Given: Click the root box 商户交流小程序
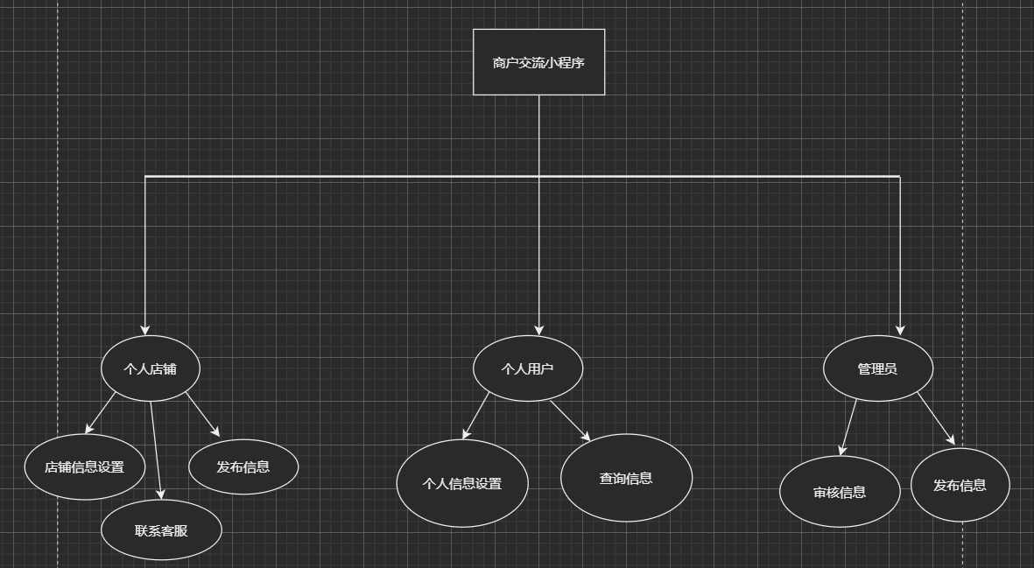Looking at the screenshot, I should (x=538, y=62).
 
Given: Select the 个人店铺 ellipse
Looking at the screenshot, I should (x=151, y=368).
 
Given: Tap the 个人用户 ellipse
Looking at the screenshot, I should (x=527, y=368).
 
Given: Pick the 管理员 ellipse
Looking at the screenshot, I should (x=877, y=368).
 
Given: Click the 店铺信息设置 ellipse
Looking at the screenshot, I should (x=84, y=466).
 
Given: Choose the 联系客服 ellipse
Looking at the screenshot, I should (x=161, y=529).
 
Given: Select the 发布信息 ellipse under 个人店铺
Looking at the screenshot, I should (x=243, y=466).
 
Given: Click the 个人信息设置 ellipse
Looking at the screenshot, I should (x=462, y=483).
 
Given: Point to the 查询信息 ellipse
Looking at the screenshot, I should (x=626, y=478).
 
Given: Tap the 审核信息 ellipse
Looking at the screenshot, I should (x=840, y=492).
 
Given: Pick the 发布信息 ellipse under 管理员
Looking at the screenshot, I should (x=960, y=485).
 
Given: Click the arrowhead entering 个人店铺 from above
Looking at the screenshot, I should (x=145, y=329).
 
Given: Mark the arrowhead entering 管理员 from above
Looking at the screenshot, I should (x=900, y=329).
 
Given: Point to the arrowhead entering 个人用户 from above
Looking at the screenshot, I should (x=538, y=329).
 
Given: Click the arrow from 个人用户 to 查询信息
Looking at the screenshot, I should (x=570, y=421).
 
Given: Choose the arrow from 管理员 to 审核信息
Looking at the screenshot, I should (x=848, y=428).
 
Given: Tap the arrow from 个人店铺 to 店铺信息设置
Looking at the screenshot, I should (x=101, y=413).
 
